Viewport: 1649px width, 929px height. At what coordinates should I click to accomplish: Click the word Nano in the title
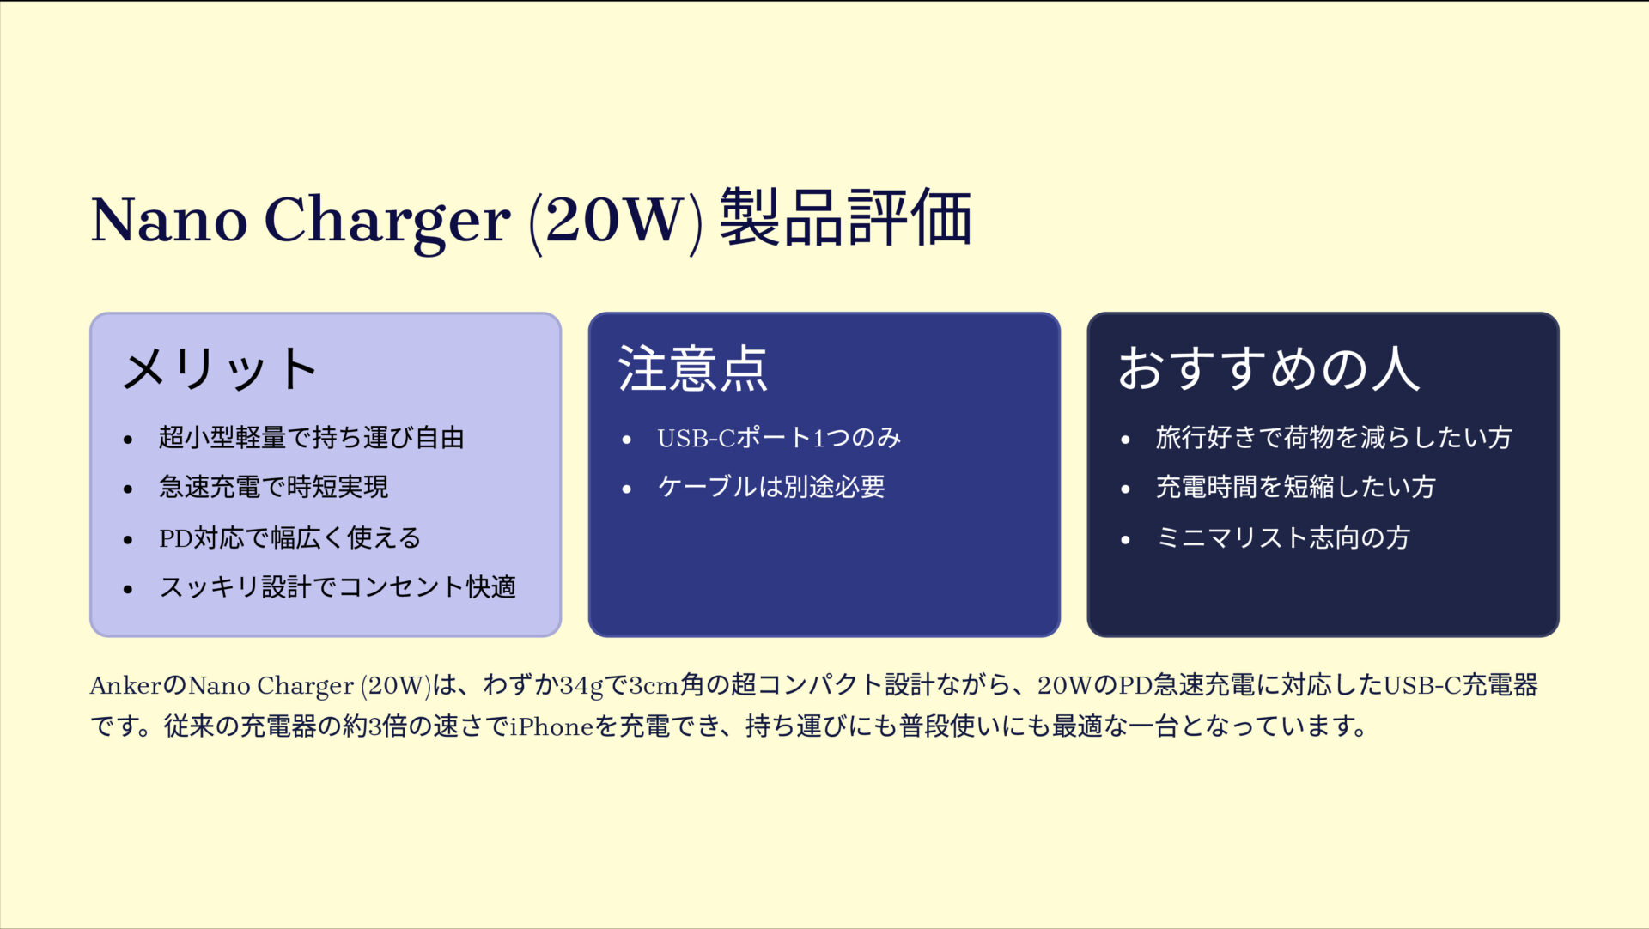169,220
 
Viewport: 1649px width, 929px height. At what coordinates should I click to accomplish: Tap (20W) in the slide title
615,220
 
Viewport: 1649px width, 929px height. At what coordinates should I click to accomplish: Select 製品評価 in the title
845,218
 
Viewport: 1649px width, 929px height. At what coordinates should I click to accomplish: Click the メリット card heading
220,369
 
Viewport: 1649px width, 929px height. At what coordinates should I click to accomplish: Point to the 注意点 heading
692,369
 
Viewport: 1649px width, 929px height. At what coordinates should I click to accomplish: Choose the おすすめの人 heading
1269,369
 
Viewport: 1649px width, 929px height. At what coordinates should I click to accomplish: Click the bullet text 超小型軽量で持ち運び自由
311,438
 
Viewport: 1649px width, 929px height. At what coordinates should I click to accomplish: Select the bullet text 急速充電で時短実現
273,488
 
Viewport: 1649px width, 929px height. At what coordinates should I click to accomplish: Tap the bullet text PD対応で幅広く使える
289,538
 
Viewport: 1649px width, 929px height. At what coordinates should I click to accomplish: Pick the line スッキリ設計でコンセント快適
337,587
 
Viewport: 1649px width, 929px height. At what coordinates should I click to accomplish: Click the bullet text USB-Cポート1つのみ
779,438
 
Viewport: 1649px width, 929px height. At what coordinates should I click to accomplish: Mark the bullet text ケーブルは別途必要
770,488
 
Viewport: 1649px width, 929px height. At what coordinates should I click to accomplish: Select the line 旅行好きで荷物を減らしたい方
1333,438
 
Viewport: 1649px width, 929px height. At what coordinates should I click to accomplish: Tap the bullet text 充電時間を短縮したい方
1295,488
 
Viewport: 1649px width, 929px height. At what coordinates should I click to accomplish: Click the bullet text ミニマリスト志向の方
1282,538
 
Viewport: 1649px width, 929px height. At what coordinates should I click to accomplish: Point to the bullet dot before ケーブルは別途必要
627,489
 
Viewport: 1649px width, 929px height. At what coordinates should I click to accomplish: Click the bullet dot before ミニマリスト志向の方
1125,540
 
